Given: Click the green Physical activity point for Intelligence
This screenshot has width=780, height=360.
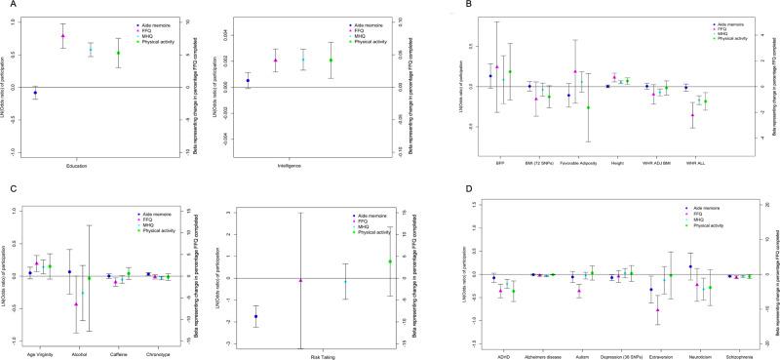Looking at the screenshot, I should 331,60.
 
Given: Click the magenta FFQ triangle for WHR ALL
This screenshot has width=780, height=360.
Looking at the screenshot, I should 692,115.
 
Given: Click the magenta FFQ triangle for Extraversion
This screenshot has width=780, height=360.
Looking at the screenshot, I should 657,309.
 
